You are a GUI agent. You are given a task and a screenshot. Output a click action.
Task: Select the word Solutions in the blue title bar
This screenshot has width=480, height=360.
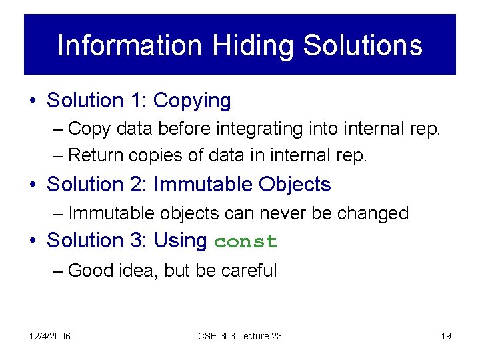click(x=362, y=45)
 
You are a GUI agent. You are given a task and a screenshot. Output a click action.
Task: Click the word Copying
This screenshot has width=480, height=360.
click(x=192, y=101)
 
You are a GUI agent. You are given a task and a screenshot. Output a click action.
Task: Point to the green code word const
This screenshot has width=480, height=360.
click(x=245, y=241)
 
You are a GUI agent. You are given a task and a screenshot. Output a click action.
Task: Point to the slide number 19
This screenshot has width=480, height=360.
click(x=446, y=336)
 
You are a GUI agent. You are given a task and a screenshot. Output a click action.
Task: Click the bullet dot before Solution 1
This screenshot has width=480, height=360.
click(x=33, y=101)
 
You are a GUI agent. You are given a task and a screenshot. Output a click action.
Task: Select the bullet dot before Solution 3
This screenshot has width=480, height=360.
click(x=33, y=241)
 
